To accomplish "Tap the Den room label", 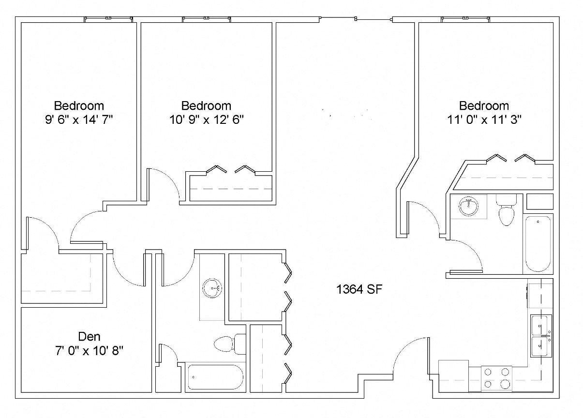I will (x=90, y=336).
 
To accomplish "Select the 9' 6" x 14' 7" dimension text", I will (x=78, y=119).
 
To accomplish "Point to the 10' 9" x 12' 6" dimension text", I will (x=206, y=119).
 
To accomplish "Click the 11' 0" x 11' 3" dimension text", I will (x=484, y=119).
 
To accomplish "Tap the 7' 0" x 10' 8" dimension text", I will (x=90, y=350).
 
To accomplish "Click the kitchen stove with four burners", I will (x=496, y=378).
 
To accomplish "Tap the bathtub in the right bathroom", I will (x=538, y=244).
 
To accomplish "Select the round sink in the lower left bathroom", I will (x=212, y=288).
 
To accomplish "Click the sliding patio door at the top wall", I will (x=356, y=19).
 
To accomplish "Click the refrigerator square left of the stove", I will (x=453, y=375).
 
